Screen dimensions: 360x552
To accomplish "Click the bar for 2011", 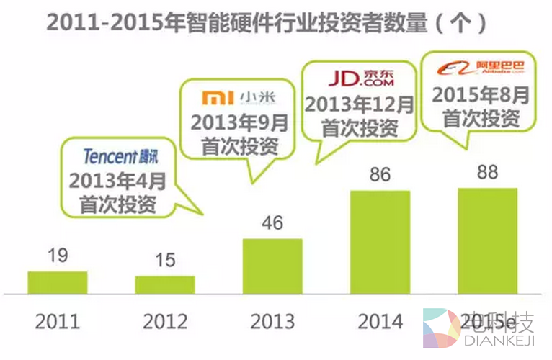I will coord(57,282).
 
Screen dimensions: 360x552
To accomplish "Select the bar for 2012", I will coord(165,284).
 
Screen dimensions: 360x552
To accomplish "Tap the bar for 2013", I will coord(272,266).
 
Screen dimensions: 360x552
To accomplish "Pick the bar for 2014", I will coord(380,242).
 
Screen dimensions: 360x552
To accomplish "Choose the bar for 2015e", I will coord(487,241).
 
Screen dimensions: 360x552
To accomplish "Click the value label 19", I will coord(57,256).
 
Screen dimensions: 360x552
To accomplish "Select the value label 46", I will coord(272,222).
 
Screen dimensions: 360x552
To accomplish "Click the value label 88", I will coord(487,173).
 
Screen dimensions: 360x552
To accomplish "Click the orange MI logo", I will coord(213,97).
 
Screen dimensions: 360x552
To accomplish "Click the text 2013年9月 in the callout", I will coord(239,123).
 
